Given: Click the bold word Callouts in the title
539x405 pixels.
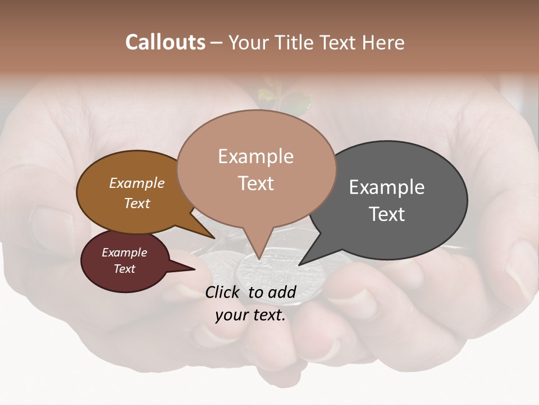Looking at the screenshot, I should pos(165,42).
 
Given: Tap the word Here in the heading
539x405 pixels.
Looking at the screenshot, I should pos(382,42).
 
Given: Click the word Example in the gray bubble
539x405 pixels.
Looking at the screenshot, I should pos(387,187).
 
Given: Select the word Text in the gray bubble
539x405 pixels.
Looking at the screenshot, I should pos(387,214).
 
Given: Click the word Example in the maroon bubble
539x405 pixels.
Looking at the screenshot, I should pos(124,253).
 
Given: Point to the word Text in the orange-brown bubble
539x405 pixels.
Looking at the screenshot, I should pos(137,203).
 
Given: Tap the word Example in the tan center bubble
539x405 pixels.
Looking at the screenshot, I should pos(255,156).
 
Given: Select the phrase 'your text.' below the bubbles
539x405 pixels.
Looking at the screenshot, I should pos(250,315).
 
